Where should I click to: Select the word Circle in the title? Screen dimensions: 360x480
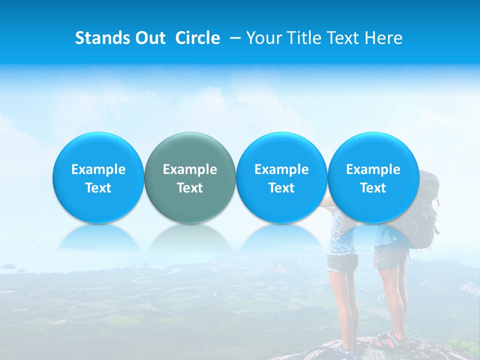tap(197, 38)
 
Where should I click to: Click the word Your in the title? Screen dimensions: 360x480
tap(263, 38)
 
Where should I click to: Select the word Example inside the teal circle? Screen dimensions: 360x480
tap(190, 169)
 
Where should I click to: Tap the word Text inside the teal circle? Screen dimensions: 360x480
tap(190, 188)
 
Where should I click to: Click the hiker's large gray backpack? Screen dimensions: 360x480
tap(427, 210)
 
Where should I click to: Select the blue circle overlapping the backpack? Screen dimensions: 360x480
tap(373, 177)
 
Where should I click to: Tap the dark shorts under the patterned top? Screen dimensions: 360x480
tap(342, 262)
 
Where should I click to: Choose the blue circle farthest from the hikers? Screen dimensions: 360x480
tap(98, 177)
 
